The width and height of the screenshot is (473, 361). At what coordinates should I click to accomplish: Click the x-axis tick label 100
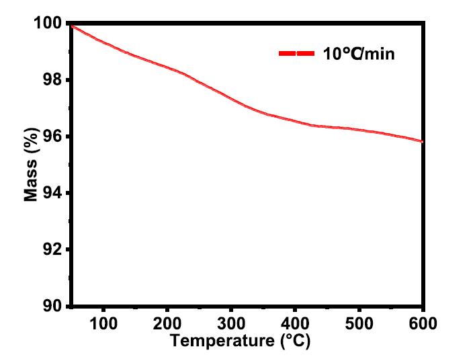(x=103, y=323)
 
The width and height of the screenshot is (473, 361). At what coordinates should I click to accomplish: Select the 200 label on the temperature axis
(x=167, y=323)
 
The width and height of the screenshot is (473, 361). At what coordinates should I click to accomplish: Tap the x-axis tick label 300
(x=231, y=323)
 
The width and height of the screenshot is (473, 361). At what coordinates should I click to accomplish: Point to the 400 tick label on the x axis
(x=295, y=323)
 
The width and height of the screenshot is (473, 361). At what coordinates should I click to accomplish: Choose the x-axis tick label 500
(x=359, y=323)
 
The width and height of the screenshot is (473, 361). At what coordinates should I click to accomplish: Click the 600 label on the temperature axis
(x=423, y=323)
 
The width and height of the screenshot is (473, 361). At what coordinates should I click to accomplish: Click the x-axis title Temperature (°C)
(x=241, y=341)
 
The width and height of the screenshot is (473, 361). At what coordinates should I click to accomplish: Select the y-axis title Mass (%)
(x=32, y=165)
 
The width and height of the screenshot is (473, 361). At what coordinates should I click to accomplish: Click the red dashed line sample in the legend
(x=296, y=53)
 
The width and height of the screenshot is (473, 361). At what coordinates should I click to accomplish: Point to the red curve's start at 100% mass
(x=72, y=26)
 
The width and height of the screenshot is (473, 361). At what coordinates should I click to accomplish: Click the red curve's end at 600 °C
(x=422, y=141)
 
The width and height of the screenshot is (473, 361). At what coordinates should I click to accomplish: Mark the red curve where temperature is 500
(x=359, y=129)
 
